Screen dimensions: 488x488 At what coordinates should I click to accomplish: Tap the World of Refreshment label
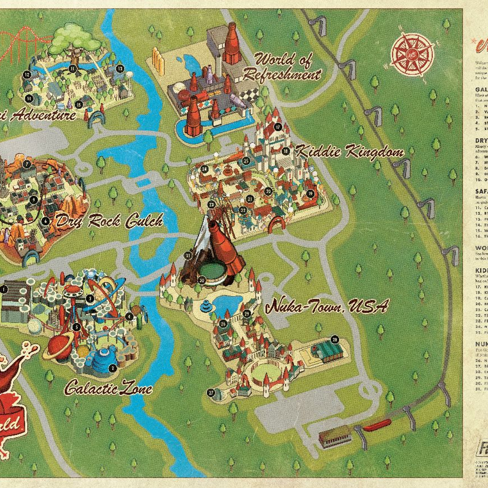[x=288, y=67]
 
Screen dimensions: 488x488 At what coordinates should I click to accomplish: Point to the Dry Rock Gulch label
[x=109, y=221]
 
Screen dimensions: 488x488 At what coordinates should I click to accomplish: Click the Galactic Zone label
[x=108, y=388]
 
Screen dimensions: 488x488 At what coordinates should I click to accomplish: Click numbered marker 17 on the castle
[x=278, y=126]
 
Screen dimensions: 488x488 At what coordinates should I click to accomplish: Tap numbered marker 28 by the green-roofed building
[x=335, y=340]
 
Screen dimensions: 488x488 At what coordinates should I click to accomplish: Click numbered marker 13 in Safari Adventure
[x=120, y=69]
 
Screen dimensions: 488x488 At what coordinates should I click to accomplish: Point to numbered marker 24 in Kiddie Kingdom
[x=205, y=169]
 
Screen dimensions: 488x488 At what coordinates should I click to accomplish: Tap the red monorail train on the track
[x=378, y=426]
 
